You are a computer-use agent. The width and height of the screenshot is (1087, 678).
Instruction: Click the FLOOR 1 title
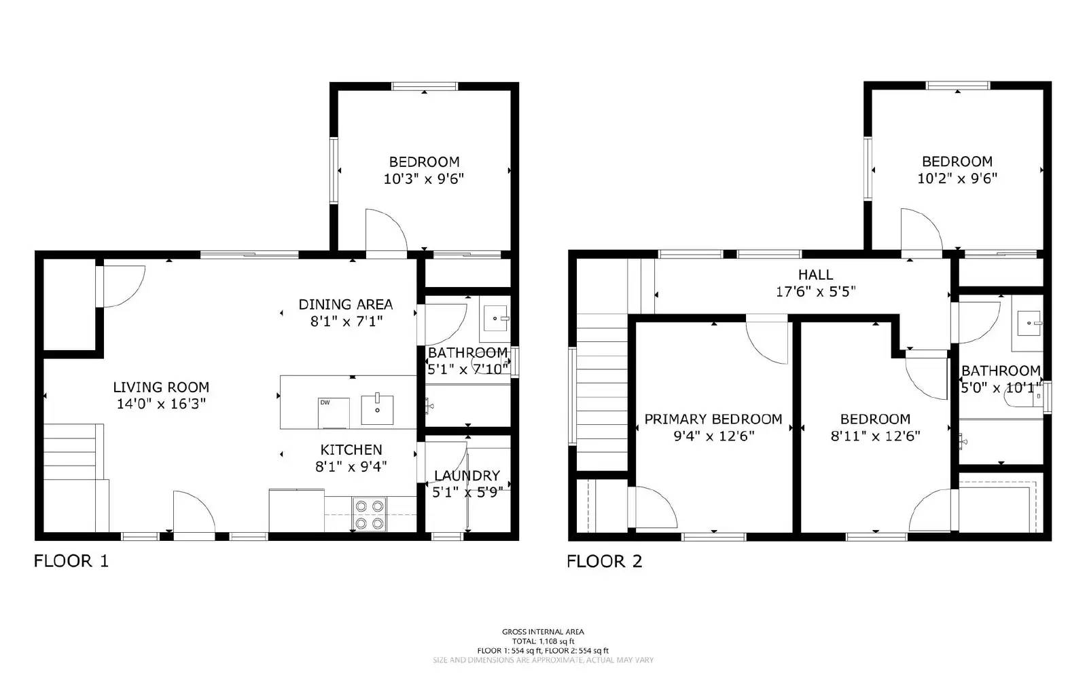click(x=71, y=561)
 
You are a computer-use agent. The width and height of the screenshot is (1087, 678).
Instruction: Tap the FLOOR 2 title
click(x=604, y=561)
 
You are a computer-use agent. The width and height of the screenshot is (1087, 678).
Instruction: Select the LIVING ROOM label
click(x=161, y=387)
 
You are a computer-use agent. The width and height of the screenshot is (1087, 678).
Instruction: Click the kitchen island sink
click(x=377, y=409)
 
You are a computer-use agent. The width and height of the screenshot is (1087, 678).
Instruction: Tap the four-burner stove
click(x=369, y=514)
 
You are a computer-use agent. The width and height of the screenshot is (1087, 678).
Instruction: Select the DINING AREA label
click(x=345, y=304)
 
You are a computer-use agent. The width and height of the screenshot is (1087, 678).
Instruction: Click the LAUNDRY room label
click(x=467, y=475)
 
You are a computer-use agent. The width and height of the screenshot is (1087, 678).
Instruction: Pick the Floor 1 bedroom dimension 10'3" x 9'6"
click(x=424, y=179)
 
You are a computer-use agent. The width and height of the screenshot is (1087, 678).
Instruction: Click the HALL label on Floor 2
click(x=815, y=275)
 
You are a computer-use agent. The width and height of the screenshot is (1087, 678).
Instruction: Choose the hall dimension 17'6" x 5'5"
click(x=815, y=292)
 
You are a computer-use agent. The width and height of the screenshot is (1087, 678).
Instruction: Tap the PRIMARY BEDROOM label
click(x=713, y=419)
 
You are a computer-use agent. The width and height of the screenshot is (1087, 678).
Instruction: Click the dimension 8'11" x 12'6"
click(x=875, y=436)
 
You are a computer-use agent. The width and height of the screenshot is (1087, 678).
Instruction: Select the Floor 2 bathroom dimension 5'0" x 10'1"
click(x=1000, y=388)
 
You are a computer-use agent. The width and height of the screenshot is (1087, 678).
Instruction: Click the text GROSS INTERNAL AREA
click(x=543, y=632)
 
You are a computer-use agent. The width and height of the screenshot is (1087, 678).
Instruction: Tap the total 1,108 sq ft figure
click(x=543, y=641)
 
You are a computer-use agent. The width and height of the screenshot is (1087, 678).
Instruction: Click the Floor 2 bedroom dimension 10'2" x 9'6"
click(x=957, y=179)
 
